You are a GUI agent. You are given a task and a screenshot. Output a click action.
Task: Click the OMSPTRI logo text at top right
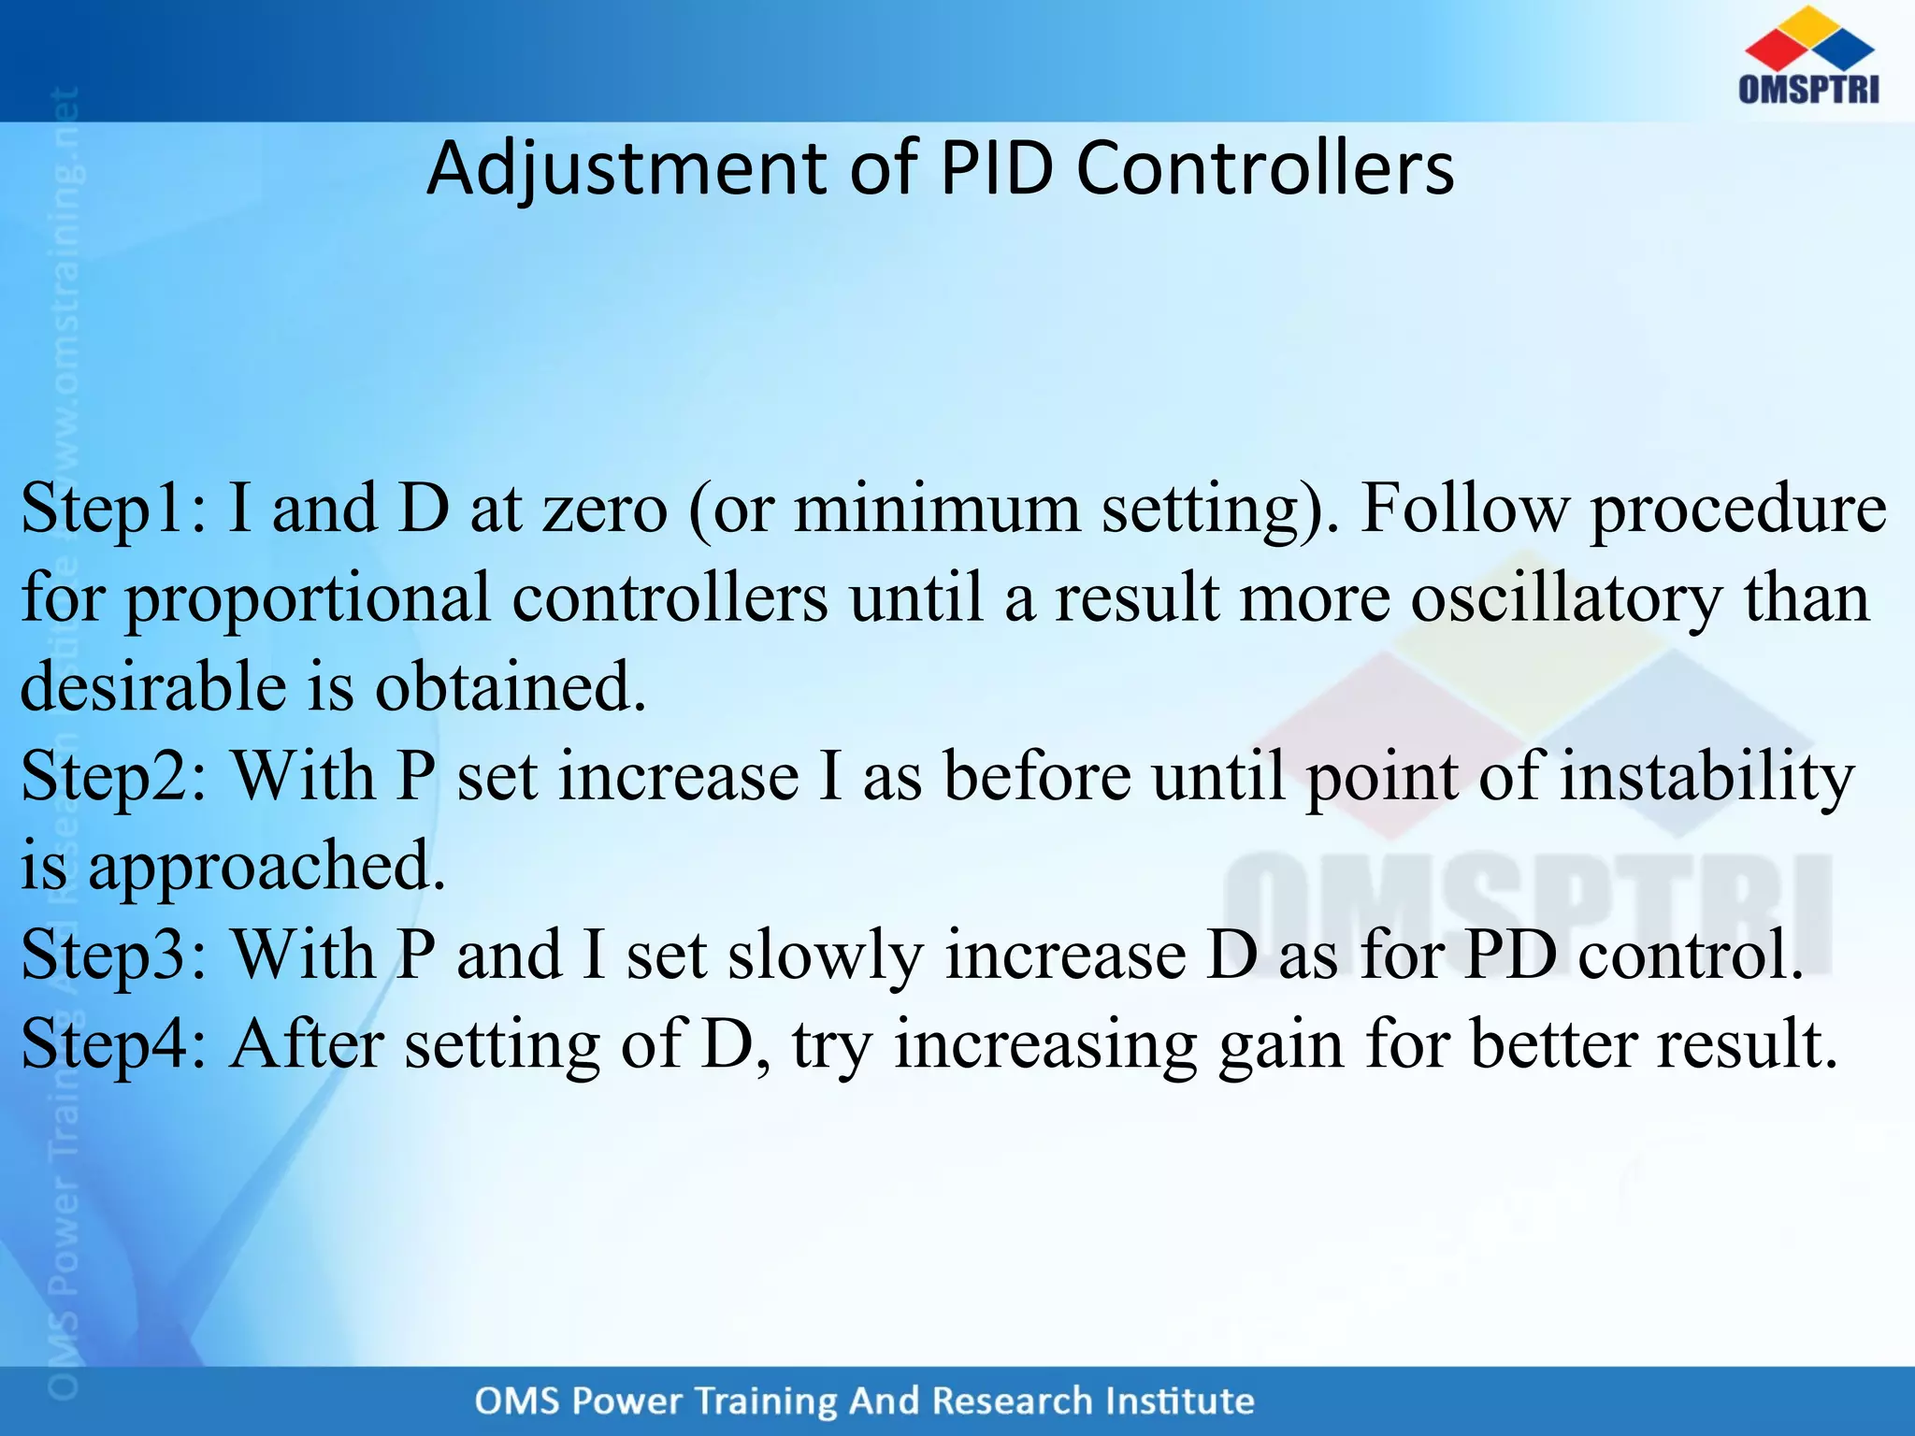click(x=1808, y=89)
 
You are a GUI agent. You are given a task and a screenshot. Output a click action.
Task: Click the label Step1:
click(x=114, y=510)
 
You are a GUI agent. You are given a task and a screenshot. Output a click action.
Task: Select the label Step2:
click(x=114, y=777)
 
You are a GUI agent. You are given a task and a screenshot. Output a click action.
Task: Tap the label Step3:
click(x=114, y=955)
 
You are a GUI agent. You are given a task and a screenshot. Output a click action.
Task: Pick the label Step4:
click(x=114, y=1044)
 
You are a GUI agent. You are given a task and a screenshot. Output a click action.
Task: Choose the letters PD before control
click(x=1510, y=955)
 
